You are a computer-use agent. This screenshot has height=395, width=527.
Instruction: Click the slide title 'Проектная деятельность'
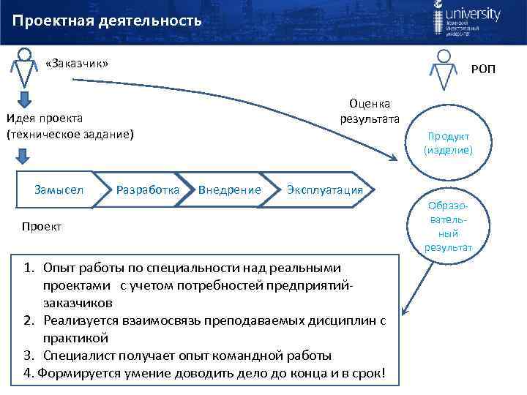(107, 20)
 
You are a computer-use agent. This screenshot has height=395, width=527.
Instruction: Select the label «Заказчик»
(76, 64)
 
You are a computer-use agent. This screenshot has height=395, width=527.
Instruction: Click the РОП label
(483, 69)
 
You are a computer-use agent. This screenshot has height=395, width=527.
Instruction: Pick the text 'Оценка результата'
(369, 111)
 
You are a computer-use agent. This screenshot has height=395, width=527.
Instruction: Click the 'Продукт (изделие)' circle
(448, 143)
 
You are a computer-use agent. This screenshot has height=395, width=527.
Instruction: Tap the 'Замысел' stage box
(59, 190)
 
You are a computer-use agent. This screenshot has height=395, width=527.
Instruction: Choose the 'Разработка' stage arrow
(147, 190)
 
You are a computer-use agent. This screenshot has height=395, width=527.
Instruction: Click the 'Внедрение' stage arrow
(229, 190)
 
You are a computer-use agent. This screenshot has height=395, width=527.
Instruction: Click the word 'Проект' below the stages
(42, 227)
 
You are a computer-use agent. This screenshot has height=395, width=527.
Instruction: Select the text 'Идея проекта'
(45, 118)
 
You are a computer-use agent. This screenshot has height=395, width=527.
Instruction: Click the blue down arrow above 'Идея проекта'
(25, 99)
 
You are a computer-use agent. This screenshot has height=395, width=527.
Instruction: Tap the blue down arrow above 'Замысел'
(23, 155)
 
